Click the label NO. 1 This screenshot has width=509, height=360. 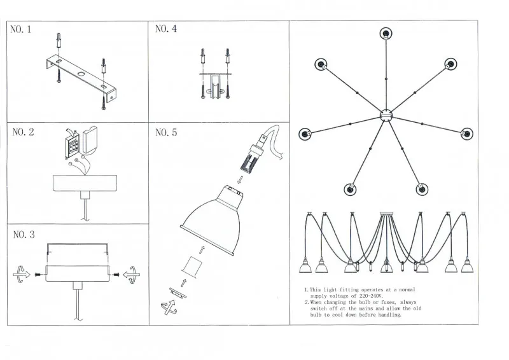[22, 29]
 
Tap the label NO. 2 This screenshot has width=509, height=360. [23, 132]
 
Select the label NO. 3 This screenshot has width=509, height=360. [23, 235]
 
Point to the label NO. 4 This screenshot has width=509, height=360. [166, 29]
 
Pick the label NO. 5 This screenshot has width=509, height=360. [166, 133]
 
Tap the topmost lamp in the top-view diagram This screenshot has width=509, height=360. [386, 32]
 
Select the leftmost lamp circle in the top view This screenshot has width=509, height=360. [305, 134]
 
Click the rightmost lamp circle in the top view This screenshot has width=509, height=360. [468, 134]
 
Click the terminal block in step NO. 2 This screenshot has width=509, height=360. [70, 146]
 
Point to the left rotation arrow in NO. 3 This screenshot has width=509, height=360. [22, 275]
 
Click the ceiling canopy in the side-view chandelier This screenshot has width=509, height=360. [386, 213]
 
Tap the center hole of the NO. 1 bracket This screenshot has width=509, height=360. [81, 76]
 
